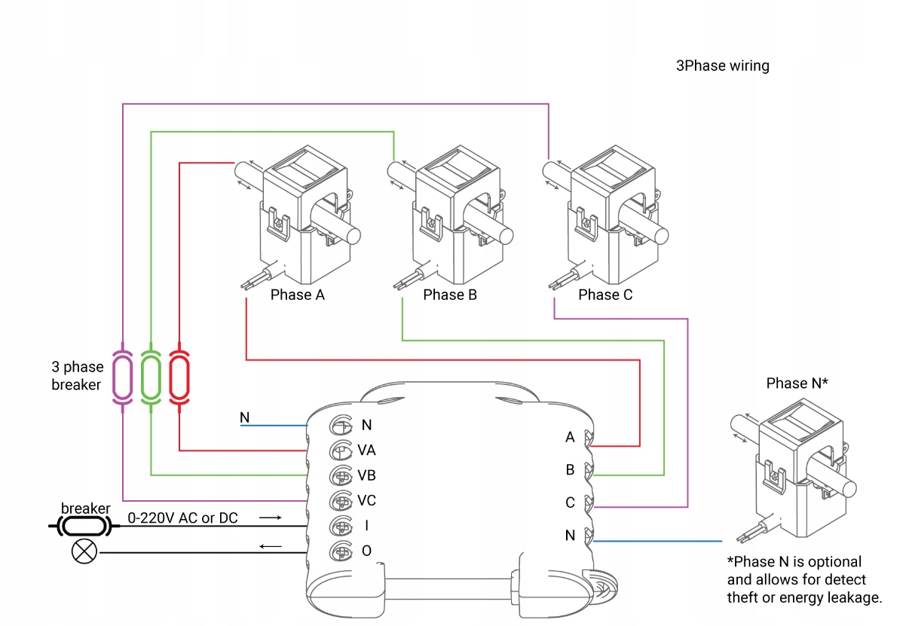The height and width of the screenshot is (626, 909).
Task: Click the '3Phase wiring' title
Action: tap(722, 66)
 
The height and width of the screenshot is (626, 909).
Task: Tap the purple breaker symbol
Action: tap(123, 377)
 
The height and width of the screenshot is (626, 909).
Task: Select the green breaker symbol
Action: tap(151, 377)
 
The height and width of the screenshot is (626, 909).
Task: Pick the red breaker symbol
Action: tap(179, 377)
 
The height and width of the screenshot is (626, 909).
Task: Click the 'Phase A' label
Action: tap(298, 295)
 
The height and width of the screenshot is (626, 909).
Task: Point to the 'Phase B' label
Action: tap(450, 295)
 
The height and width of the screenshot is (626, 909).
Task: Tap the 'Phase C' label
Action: tap(605, 295)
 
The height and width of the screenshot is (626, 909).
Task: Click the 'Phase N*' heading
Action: tap(797, 383)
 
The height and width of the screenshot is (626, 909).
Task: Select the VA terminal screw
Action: tap(341, 450)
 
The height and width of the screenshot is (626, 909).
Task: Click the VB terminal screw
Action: tap(341, 475)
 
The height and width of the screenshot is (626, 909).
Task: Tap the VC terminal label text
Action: tap(366, 501)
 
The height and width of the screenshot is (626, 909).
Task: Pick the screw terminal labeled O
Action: tap(341, 551)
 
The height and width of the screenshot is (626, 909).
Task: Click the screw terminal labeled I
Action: tap(341, 526)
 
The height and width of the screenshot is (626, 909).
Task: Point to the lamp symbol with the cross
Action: tap(84, 551)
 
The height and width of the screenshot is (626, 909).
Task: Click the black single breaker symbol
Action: tap(84, 527)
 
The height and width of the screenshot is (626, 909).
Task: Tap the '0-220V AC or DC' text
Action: tap(182, 518)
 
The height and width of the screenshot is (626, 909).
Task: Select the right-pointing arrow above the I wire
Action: tap(271, 518)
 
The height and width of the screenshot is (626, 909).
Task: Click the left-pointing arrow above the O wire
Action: tap(271, 546)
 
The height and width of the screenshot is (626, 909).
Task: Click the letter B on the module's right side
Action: tap(570, 470)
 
